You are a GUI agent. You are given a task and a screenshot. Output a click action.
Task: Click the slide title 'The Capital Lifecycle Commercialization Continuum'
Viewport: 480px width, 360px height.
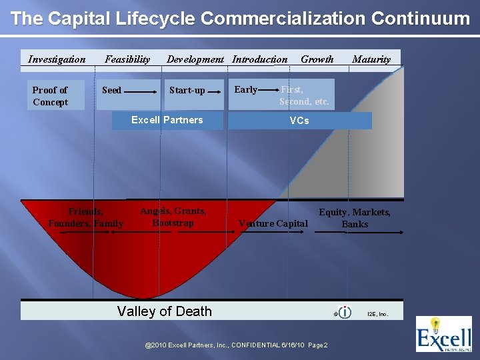pos(240,18)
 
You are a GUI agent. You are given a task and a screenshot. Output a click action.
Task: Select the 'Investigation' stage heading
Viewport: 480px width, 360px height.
pos(57,59)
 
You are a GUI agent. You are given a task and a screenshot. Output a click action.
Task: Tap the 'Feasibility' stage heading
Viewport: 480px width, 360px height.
pos(127,59)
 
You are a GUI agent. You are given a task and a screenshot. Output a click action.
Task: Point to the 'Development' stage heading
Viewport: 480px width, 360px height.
pos(195,59)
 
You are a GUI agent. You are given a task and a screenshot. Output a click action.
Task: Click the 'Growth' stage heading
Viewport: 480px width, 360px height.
pos(317,59)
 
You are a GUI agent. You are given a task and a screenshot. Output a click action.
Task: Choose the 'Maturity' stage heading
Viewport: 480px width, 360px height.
pos(371,59)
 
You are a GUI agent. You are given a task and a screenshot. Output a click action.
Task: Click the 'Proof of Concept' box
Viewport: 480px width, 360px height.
pos(51,96)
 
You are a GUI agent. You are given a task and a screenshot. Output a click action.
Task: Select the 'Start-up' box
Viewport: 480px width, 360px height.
pos(187,91)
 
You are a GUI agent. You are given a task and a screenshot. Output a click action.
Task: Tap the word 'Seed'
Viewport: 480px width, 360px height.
pos(111,90)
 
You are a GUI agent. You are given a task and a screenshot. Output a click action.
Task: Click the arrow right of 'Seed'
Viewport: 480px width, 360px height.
pos(141,91)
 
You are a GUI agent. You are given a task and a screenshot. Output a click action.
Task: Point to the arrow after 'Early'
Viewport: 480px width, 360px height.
pos(269,90)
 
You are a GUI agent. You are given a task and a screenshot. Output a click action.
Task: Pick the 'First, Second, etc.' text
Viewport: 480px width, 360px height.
pos(304,95)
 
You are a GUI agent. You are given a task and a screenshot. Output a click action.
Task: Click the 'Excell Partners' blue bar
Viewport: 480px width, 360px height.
pos(167,120)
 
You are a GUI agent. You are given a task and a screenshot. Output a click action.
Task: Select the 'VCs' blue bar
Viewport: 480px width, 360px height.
pos(299,121)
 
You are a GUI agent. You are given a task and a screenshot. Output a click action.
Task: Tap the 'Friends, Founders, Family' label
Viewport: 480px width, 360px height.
pos(85,217)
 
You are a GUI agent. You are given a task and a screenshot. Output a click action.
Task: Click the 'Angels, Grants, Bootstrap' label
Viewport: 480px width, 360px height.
pos(173,217)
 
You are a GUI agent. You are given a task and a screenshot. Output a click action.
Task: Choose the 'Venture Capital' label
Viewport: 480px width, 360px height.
pos(273,223)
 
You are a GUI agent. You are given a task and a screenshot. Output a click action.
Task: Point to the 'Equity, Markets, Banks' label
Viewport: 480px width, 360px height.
pos(355,218)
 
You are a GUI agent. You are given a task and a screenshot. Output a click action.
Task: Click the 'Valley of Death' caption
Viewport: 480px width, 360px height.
pos(164,311)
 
